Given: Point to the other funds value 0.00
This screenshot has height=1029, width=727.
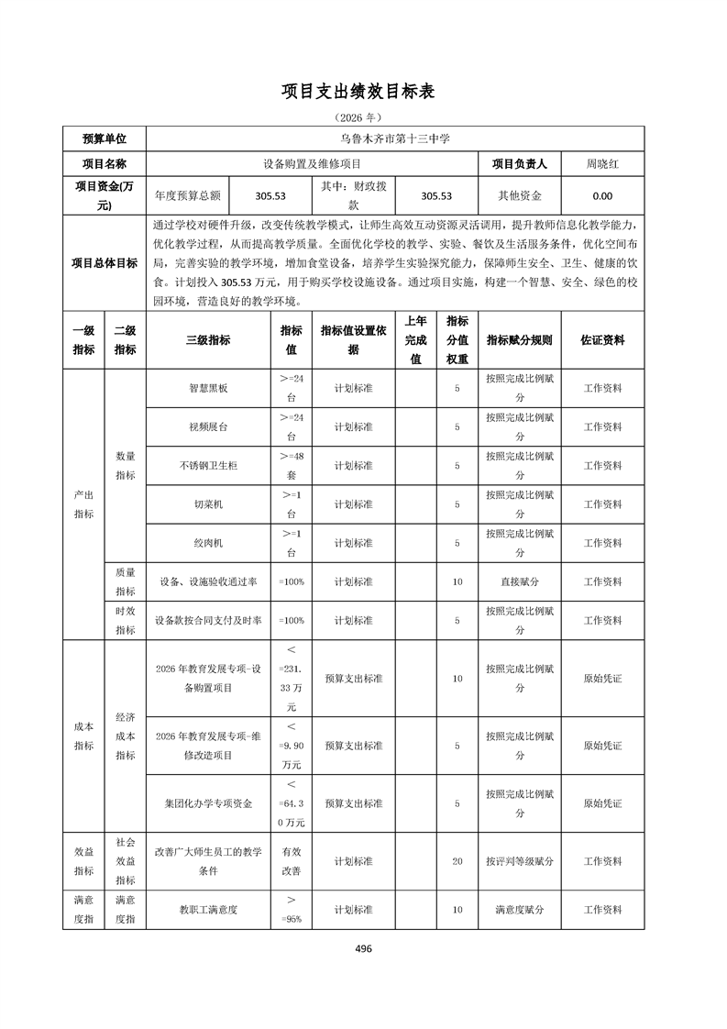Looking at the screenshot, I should (602, 195).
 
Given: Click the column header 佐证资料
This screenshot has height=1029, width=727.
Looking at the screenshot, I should (602, 340).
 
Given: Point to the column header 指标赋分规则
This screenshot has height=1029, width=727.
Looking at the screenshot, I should (519, 340).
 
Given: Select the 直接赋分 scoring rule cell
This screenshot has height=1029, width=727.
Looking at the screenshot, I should (519, 581).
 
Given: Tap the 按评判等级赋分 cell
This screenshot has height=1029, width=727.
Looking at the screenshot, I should (519, 861).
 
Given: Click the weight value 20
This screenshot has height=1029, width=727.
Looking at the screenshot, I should (457, 861).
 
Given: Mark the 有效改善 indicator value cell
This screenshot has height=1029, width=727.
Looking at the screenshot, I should (291, 861).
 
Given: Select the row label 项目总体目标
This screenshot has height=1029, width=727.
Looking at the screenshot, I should (105, 263).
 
